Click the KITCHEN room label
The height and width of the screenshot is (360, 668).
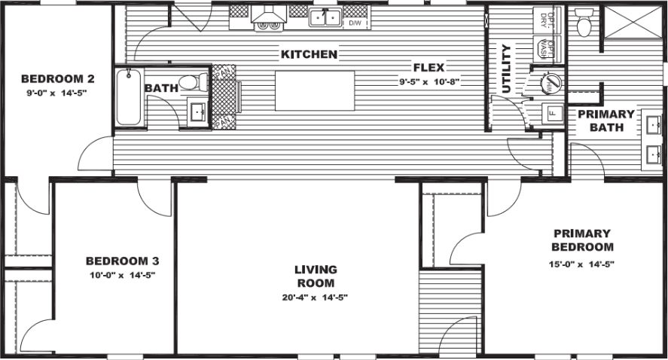(309, 55)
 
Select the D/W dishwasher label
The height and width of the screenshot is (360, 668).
(355, 24)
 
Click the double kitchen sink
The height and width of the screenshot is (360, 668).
(325, 17)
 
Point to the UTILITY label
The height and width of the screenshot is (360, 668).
(506, 69)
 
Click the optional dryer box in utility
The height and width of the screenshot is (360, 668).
(548, 18)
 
